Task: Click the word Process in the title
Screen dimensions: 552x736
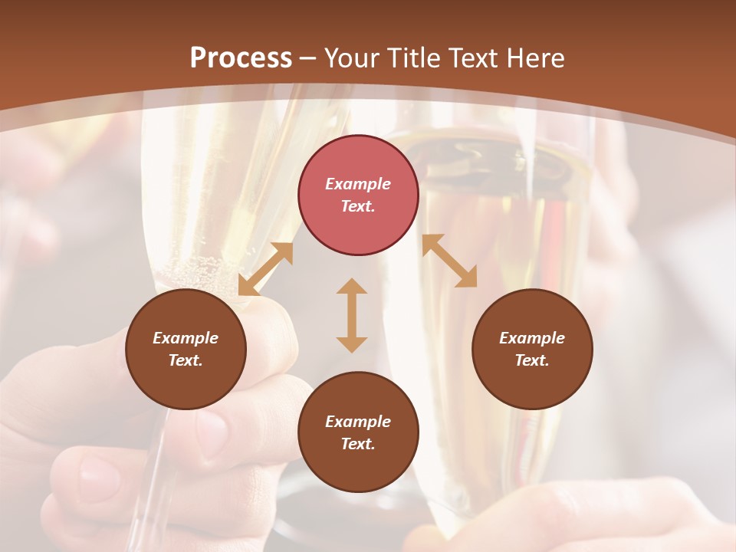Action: (x=241, y=58)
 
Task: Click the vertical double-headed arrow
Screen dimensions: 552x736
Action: (x=352, y=315)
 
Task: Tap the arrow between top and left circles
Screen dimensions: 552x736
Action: (x=266, y=269)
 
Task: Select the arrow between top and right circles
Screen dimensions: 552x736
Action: (x=449, y=261)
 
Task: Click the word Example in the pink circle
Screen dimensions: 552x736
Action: (x=358, y=184)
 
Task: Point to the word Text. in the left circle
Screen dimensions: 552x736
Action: (x=186, y=360)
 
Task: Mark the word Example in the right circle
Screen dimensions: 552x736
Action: (x=532, y=338)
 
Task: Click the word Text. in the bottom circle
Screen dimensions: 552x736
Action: (x=358, y=444)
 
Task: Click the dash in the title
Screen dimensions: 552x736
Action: (x=308, y=59)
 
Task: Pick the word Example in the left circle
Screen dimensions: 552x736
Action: (x=186, y=338)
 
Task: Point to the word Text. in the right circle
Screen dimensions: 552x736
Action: (x=532, y=360)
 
